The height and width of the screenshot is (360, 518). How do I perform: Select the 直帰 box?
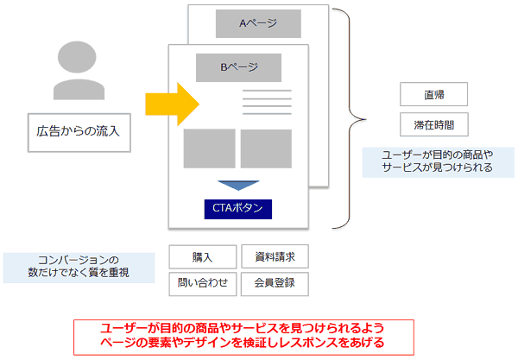(433, 93)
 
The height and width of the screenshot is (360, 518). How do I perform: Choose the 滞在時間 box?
(433, 123)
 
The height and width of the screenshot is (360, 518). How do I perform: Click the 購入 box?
(202, 257)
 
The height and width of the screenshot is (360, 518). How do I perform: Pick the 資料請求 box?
(274, 257)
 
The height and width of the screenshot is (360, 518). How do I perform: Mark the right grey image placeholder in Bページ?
(266, 148)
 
